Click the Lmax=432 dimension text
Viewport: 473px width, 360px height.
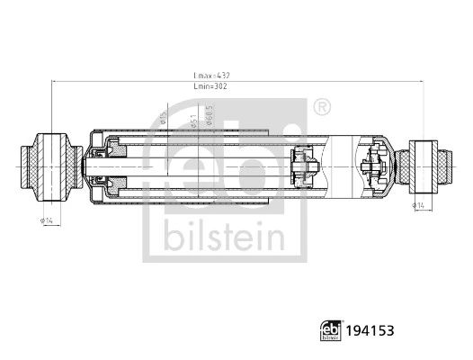[x=213, y=76]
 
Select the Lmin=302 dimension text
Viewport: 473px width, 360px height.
[x=213, y=88]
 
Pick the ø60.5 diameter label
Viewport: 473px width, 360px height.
[x=210, y=114]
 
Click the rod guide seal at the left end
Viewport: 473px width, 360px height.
[x=113, y=166]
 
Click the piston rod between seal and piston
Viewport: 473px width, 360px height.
[x=207, y=166]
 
